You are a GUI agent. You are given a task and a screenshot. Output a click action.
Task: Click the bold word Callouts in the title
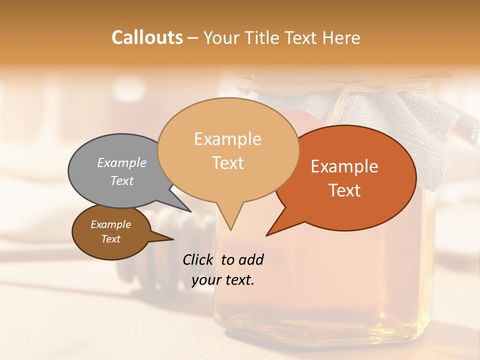pyautogui.click(x=147, y=37)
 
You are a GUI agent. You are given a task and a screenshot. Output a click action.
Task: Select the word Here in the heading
pyautogui.click(x=341, y=37)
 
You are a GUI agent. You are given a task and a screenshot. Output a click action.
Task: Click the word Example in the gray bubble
pyautogui.click(x=122, y=162)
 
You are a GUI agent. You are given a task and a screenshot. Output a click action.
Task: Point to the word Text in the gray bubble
pyautogui.click(x=122, y=180)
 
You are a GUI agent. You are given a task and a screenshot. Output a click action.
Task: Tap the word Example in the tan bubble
pyautogui.click(x=227, y=139)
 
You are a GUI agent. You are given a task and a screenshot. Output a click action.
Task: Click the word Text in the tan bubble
pyautogui.click(x=227, y=163)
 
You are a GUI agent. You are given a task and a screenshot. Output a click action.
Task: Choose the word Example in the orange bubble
pyautogui.click(x=344, y=166)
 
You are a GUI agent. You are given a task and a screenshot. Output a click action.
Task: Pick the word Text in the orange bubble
pyautogui.click(x=344, y=190)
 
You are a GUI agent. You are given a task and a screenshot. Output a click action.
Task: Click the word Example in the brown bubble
pyautogui.click(x=110, y=224)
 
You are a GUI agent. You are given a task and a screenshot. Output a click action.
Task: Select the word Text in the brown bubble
pyautogui.click(x=110, y=239)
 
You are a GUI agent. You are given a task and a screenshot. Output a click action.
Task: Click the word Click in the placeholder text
pyautogui.click(x=198, y=259)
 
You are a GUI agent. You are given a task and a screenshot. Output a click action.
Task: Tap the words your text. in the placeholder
pyautogui.click(x=223, y=280)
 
